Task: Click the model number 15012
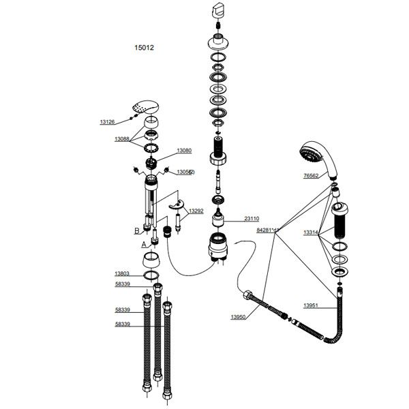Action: pyautogui.click(x=144, y=48)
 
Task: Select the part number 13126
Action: pyautogui.click(x=107, y=122)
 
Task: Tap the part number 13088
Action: pyautogui.click(x=122, y=138)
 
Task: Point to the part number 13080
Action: pyautogui.click(x=184, y=150)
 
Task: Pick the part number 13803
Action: pyautogui.click(x=122, y=273)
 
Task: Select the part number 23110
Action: pyautogui.click(x=253, y=219)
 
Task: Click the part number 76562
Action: pyautogui.click(x=311, y=175)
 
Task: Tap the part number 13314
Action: pyautogui.click(x=311, y=232)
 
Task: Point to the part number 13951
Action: pyautogui.click(x=311, y=305)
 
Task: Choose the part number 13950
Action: pyautogui.click(x=239, y=317)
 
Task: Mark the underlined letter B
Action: pyautogui.click(x=137, y=231)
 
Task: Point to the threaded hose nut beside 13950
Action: pyautogui.click(x=249, y=297)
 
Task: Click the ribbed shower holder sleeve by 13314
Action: pyautogui.click(x=339, y=220)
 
